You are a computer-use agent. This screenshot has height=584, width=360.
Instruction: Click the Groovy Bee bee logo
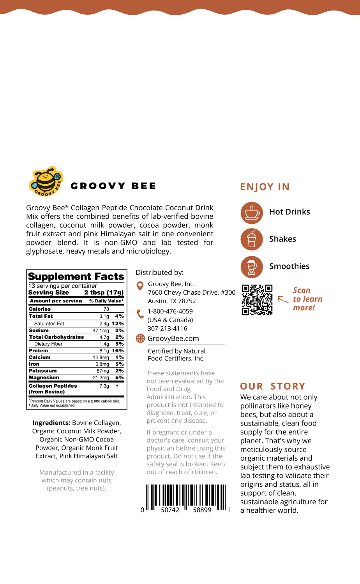click(46, 181)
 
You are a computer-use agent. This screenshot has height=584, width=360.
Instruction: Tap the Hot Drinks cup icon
click(252, 212)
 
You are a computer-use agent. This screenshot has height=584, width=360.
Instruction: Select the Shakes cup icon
click(252, 239)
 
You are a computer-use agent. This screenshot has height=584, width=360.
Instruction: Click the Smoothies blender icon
click(252, 267)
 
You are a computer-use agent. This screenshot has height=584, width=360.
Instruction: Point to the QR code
click(257, 299)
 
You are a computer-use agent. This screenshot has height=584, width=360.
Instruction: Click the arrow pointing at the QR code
click(283, 299)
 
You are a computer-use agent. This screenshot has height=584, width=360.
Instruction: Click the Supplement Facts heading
click(76, 276)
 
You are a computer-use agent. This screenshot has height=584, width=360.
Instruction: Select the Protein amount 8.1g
click(104, 351)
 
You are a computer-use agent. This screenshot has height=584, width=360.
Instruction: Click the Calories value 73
click(106, 309)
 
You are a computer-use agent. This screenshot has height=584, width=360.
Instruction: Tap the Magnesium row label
click(44, 378)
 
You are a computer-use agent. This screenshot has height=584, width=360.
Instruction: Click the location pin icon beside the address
click(140, 286)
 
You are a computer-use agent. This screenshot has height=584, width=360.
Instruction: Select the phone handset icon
click(140, 314)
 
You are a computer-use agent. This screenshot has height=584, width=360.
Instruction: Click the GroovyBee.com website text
click(173, 339)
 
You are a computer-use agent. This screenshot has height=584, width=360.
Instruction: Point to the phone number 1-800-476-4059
click(170, 311)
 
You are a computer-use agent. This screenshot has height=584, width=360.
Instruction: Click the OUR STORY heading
click(273, 386)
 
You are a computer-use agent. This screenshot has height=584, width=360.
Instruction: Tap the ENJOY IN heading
click(265, 187)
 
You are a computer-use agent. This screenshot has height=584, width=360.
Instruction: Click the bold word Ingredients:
click(51, 423)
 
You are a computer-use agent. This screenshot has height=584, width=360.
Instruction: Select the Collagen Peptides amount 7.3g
click(104, 386)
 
